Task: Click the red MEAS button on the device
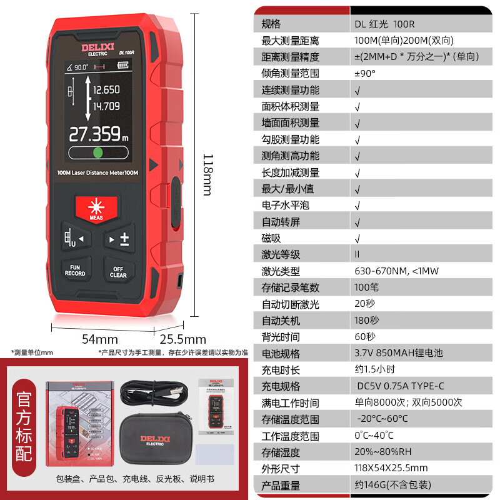[96, 209]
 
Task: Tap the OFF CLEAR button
[118, 271]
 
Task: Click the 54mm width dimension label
[101, 339]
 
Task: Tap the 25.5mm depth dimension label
[183, 339]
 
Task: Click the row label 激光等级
[281, 254]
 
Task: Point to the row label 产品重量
[281, 485]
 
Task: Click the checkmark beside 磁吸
[357, 238]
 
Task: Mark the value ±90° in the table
[365, 73]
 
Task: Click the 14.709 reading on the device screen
[106, 106]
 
